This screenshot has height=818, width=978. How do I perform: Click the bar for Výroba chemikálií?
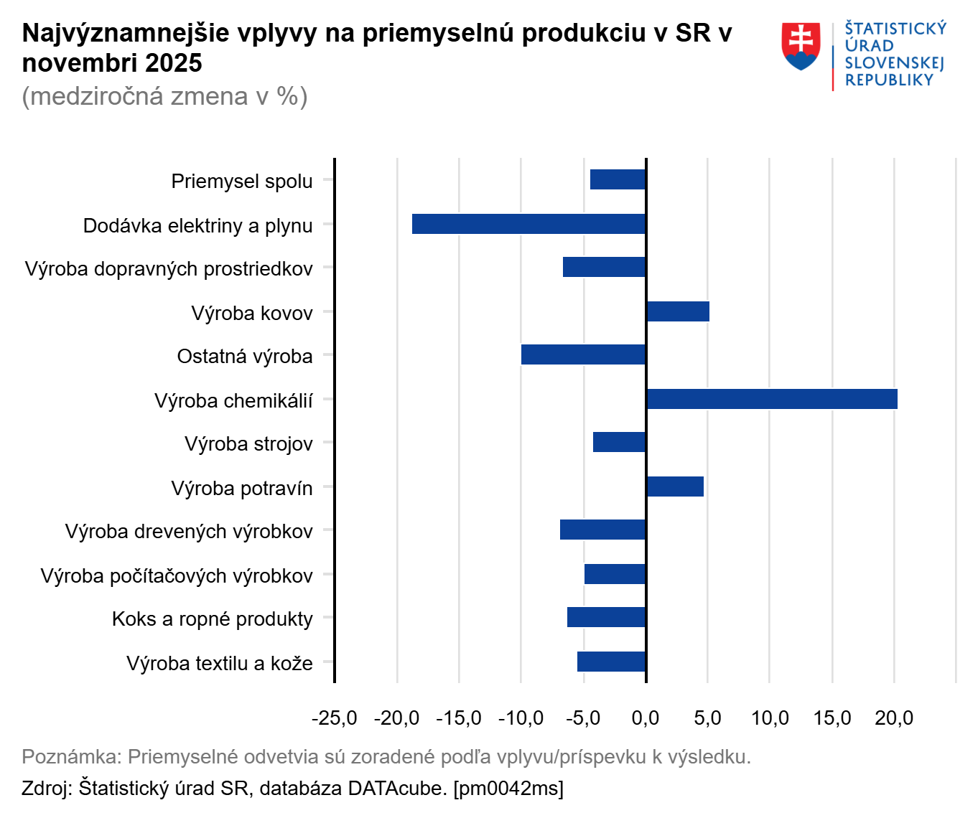(772, 399)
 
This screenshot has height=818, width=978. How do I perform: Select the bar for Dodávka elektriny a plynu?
(529, 224)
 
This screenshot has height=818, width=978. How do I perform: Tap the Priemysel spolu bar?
(618, 179)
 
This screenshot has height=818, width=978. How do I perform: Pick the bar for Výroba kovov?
(678, 311)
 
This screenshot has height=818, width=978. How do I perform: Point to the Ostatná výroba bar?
(584, 354)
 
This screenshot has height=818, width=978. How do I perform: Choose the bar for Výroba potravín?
(675, 486)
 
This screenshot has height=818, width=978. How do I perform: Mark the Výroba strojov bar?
(620, 442)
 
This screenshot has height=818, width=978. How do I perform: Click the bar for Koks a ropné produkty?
(607, 617)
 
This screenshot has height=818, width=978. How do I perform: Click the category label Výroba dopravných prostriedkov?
(169, 269)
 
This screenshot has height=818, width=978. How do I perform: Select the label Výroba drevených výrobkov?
(189, 532)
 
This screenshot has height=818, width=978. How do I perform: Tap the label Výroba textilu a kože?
(220, 663)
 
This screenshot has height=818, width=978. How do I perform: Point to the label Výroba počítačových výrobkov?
(177, 576)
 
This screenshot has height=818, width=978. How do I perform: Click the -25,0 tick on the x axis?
(334, 718)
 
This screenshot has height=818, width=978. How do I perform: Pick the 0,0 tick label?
(646, 718)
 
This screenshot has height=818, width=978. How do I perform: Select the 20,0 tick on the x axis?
(894, 718)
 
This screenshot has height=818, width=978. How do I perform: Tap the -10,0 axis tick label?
(521, 718)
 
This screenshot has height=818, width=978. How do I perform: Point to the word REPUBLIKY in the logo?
(889, 80)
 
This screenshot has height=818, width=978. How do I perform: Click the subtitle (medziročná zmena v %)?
(165, 96)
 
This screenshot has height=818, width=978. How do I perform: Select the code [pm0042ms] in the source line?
(508, 788)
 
